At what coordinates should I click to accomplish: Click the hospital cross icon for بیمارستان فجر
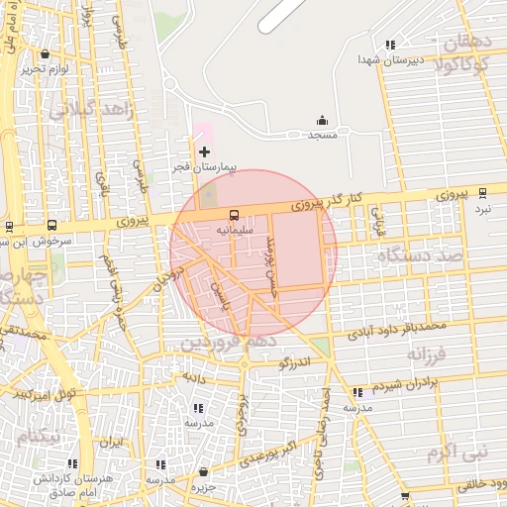point(205,152)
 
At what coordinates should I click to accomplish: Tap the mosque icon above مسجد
point(320,120)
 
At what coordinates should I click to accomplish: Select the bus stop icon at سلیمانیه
point(235,214)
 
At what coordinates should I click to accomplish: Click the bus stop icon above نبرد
point(482,193)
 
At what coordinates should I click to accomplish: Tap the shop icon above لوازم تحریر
point(47,54)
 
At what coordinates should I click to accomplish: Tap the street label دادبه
point(192,377)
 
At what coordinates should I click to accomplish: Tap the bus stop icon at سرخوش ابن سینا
point(51,226)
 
